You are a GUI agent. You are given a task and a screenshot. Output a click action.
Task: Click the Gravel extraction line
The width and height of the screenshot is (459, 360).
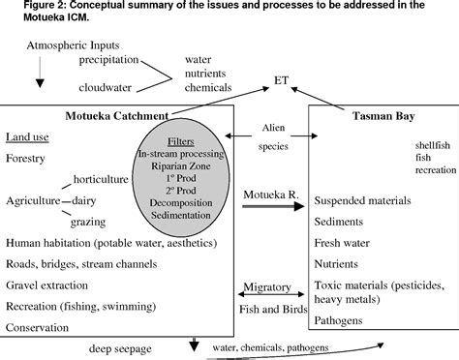(x=51, y=285)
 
